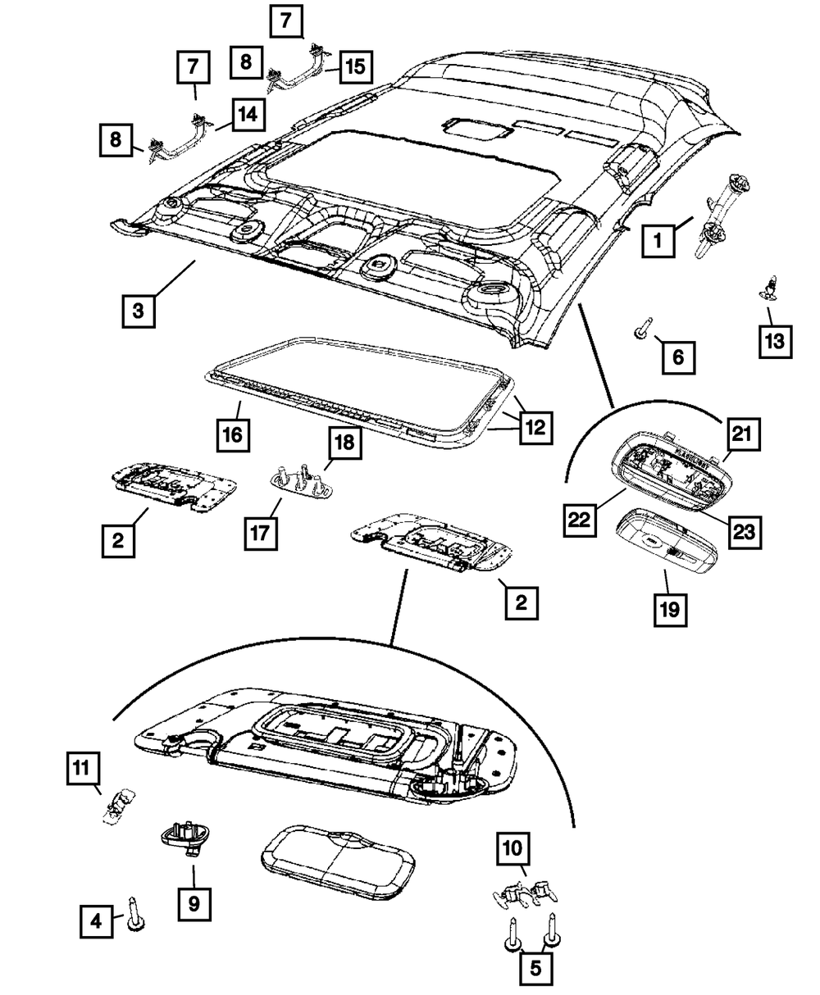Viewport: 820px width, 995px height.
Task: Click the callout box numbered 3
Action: click(139, 311)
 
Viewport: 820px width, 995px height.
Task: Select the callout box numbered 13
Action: click(775, 341)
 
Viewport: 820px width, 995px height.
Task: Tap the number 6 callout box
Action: click(678, 357)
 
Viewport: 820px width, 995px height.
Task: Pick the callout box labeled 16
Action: click(233, 434)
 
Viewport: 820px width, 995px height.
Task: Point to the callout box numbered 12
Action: click(535, 428)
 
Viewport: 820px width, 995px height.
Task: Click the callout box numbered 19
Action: click(670, 609)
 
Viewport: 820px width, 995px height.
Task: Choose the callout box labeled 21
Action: click(744, 434)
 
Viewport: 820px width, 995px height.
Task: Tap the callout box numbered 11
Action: click(84, 768)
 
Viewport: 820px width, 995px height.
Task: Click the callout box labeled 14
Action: click(248, 115)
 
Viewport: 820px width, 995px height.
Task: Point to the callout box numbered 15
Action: click(356, 66)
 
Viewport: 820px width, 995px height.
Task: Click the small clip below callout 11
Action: click(118, 808)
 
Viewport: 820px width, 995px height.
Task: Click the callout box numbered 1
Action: click(658, 241)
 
